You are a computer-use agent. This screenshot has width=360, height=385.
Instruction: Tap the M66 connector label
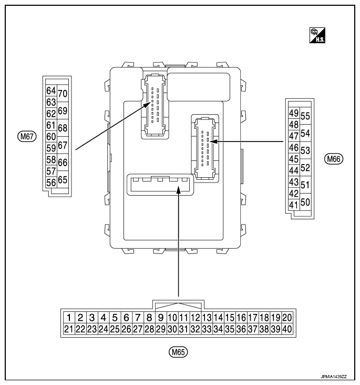(333, 158)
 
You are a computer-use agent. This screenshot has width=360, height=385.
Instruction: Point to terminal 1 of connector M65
(68, 317)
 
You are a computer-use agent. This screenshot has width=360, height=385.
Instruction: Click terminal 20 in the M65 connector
(287, 317)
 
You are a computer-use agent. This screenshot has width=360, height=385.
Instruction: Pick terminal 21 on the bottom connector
(68, 329)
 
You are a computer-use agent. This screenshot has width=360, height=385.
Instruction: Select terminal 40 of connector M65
(287, 329)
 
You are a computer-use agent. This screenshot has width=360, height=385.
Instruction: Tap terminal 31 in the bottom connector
(183, 329)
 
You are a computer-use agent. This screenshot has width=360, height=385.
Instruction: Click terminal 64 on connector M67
(51, 90)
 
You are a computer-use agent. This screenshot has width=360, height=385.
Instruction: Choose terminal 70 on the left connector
(62, 94)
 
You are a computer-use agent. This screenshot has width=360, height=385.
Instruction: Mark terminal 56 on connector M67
(51, 182)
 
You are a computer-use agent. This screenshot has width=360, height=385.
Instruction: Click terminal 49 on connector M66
(294, 113)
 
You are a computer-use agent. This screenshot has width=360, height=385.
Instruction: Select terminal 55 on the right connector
(305, 117)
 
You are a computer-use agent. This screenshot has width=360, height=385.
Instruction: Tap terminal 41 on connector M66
(294, 205)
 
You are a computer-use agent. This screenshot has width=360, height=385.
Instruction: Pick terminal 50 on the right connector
(305, 202)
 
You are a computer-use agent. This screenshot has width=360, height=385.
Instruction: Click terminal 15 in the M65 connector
(230, 317)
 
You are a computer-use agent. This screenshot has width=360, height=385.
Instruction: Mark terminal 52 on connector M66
(305, 168)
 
